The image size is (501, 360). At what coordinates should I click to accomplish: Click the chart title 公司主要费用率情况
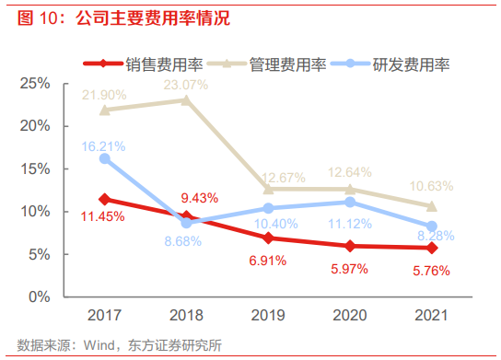click(152, 17)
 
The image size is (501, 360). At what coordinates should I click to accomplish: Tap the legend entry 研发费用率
click(411, 65)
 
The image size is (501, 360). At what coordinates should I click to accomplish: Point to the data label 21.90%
click(103, 95)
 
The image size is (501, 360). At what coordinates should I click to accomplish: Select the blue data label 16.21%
click(103, 145)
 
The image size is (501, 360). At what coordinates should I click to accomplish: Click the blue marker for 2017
click(105, 158)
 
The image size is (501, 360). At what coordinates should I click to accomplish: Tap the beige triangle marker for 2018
click(186, 99)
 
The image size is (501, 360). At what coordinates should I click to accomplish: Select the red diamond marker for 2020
click(349, 246)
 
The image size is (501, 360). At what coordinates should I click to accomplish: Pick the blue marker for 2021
click(431, 226)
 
